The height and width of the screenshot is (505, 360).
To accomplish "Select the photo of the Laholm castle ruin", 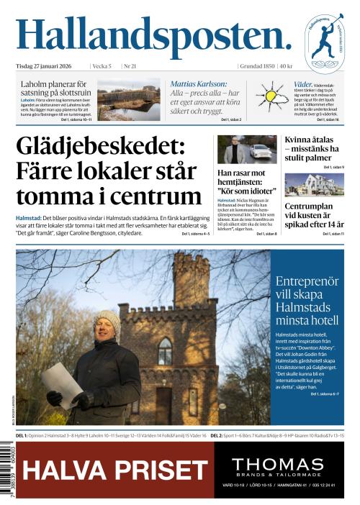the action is tap(129, 100).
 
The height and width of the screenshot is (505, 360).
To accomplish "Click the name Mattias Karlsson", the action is tap(199, 83).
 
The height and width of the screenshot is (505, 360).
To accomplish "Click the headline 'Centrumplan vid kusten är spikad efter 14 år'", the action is tap(314, 215).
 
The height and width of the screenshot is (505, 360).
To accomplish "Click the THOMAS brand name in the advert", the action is tap(283, 465).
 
